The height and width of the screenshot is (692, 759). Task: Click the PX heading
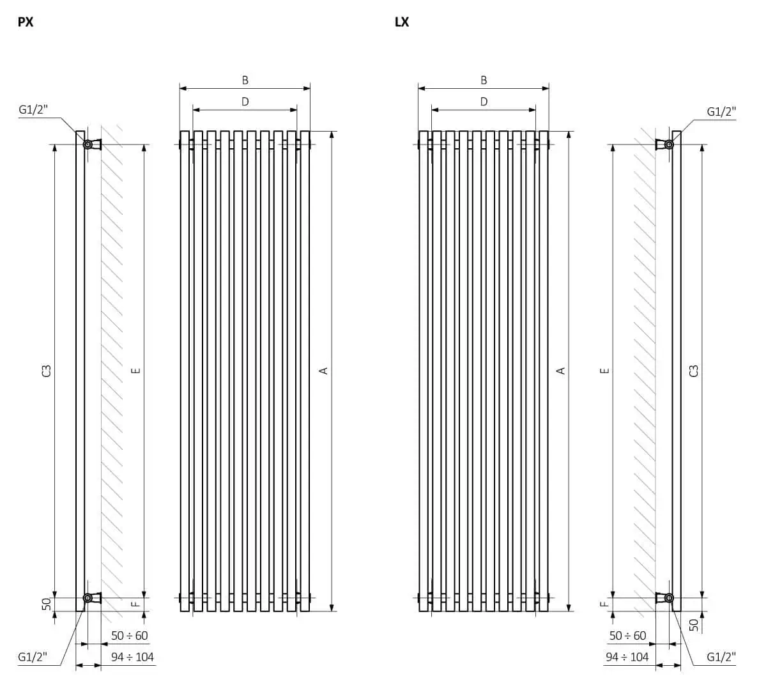coord(25,22)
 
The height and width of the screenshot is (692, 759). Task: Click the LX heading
coord(402,22)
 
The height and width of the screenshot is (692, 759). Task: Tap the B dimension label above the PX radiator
coord(245,81)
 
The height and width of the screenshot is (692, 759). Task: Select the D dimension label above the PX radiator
coord(245,102)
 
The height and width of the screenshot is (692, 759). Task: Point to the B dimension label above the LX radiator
coord(484,81)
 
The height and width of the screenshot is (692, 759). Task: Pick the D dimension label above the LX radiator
coord(484,102)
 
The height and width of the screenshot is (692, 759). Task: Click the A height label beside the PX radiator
coord(324,371)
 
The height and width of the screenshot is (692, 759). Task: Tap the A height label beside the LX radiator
coord(561,371)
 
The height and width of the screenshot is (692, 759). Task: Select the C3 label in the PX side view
coord(47,371)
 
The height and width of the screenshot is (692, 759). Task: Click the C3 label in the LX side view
coord(694,371)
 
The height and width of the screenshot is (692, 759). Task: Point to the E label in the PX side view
coord(136,371)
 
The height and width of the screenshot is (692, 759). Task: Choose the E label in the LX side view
coord(604,371)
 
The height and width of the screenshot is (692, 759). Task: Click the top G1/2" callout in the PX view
coord(33,109)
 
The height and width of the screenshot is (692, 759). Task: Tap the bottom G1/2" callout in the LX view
coord(721,657)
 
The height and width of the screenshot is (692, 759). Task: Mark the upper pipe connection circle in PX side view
coord(88,144)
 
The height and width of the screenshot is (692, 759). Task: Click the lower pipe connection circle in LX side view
coord(669,597)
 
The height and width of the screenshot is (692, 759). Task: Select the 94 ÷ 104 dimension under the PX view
coord(132,657)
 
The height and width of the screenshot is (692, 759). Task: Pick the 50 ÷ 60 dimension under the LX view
coord(628,635)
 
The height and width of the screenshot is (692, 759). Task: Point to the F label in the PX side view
coord(136,604)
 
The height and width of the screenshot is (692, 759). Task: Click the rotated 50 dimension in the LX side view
coord(694,625)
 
